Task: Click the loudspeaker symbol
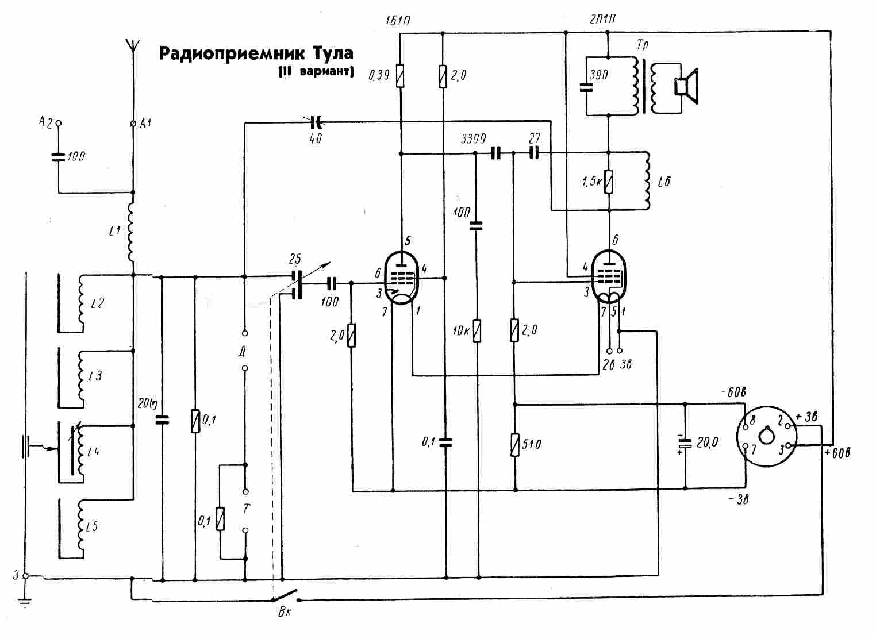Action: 686,87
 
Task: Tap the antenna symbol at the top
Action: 133,46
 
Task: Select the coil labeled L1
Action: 132,233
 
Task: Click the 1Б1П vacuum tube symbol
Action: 402,278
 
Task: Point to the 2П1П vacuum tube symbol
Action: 608,276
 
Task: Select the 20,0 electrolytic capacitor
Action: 685,443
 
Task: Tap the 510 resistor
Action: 516,444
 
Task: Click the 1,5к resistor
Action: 609,182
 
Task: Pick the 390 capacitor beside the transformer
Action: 586,88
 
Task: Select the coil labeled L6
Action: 647,180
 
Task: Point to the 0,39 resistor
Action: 401,76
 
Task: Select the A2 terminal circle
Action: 57,122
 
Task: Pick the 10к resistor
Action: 477,331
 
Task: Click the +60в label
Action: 837,453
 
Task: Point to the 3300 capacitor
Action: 495,153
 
